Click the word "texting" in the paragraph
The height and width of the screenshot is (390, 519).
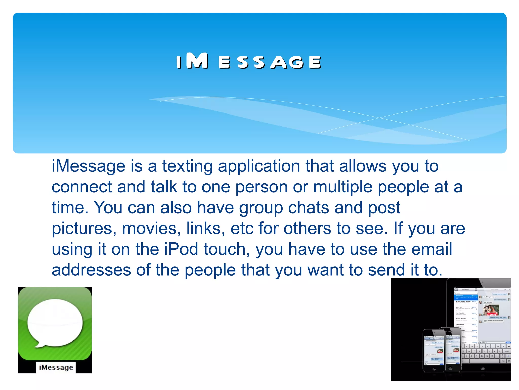pos(187,166)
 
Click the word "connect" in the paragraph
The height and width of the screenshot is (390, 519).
pos(82,187)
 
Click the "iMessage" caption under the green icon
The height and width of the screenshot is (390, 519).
pos(56,367)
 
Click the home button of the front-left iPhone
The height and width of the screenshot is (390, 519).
pos(434,368)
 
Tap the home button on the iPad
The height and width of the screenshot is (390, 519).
pos(483,368)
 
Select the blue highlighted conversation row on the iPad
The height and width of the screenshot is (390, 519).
pos(466,297)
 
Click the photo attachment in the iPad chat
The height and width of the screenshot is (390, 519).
pos(491,310)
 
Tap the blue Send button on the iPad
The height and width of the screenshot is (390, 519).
pos(508,342)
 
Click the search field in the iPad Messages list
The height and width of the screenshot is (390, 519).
pos(466,293)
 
